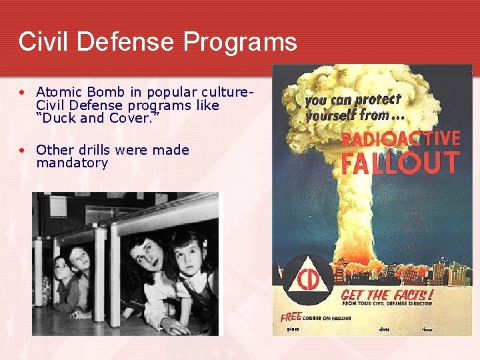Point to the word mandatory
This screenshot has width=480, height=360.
coord(72,163)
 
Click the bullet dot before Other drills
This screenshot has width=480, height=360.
coord(23,151)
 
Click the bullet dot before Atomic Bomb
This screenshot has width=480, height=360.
coord(23,92)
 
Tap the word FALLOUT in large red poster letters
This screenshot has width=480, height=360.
coord(401,163)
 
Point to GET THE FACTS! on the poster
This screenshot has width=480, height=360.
coord(387,294)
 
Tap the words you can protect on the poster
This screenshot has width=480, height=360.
coord(353,101)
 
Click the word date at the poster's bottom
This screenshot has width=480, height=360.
coord(384,329)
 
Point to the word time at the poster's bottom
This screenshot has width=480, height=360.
coord(427,329)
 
